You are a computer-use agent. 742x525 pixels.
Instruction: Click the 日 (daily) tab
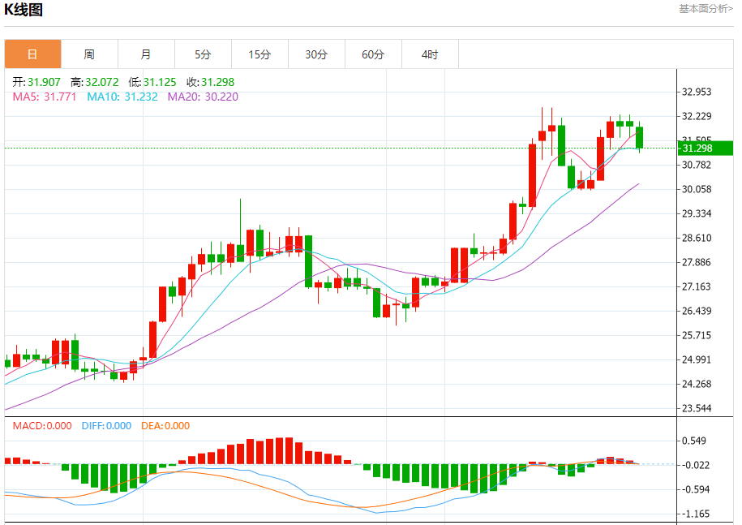(32, 54)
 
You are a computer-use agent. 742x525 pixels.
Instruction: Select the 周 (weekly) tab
(89, 54)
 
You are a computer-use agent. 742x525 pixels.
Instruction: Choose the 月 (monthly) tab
(146, 54)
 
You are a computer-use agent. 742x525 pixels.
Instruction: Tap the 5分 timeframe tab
(203, 54)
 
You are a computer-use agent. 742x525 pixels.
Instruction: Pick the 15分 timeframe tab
(259, 54)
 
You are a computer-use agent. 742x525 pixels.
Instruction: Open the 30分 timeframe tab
(316, 54)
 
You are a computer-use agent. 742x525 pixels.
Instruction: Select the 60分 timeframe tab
(373, 54)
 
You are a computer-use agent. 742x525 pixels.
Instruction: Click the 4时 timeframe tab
(430, 54)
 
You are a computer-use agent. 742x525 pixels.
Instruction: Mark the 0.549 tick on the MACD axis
(697, 441)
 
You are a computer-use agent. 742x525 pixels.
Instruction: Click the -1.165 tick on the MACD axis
(697, 514)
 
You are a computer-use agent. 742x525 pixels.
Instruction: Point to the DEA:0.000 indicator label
(165, 426)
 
